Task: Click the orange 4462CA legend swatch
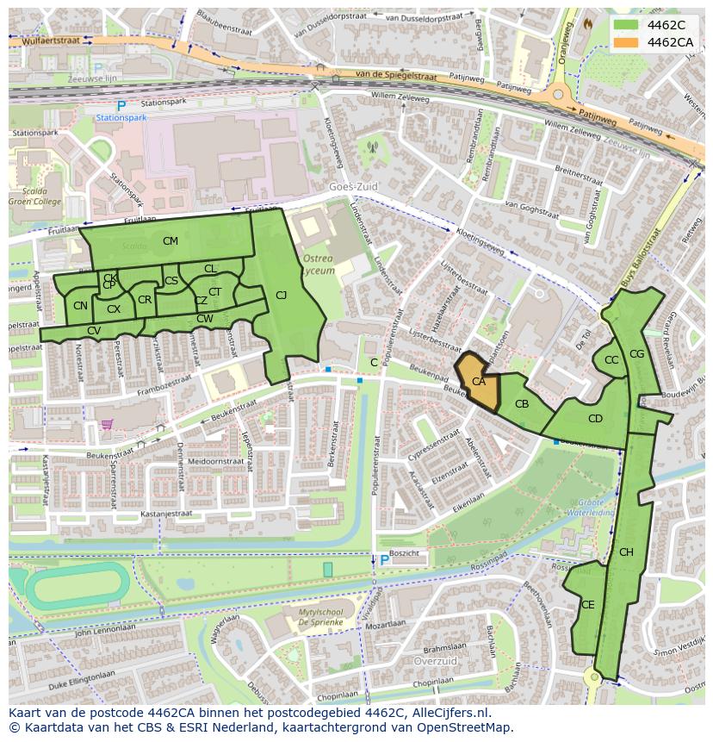pos(627,42)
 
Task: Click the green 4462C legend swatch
pos(627,24)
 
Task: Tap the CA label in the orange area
pos(479,382)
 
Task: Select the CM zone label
pos(170,241)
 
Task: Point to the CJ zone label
pos(281,296)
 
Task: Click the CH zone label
pos(626,552)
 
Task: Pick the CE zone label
pos(587,605)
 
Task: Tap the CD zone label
pos(595,419)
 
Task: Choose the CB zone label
pos(522,404)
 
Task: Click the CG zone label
pos(637,354)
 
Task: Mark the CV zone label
pos(94,331)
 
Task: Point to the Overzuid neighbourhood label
pos(434,661)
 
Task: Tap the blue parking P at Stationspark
pos(121,106)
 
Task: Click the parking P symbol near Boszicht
pos(384,560)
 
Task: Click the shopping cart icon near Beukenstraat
pos(108,423)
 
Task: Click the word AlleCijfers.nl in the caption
pos(448,713)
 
